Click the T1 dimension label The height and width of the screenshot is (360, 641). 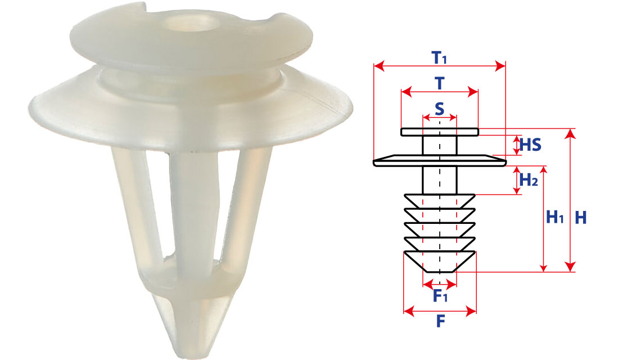pos(439,58)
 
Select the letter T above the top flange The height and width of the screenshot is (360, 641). pos(440,83)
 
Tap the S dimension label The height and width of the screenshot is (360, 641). pos(440,109)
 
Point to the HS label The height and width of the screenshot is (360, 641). pos(530,145)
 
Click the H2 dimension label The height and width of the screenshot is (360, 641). pos(529,179)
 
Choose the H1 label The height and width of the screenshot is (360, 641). pos(555,217)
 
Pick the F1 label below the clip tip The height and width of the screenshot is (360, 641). pos(440,295)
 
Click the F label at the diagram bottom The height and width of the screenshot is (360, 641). pos(440,321)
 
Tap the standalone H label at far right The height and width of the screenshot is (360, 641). pos(580,218)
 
